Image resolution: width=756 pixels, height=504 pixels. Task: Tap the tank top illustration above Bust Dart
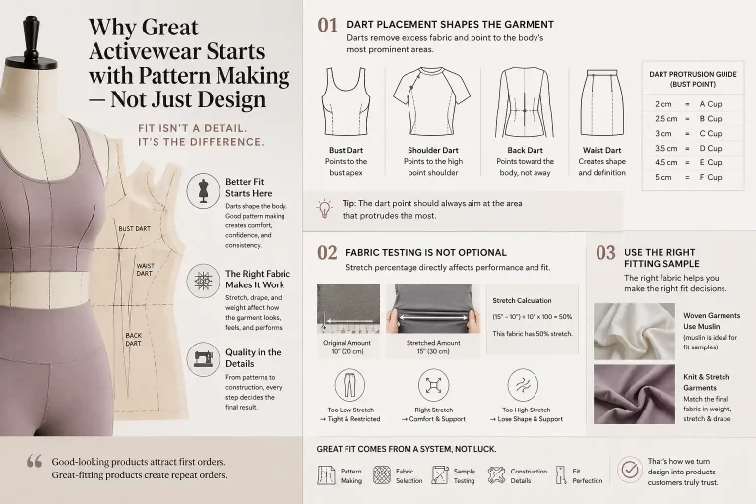pyautogui.click(x=346, y=100)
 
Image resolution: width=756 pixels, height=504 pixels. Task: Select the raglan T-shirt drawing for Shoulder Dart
pyautogui.click(x=427, y=100)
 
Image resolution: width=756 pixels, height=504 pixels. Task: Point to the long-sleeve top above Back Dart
pyautogui.click(x=519, y=100)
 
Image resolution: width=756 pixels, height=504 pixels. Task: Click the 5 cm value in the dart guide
pyautogui.click(x=662, y=177)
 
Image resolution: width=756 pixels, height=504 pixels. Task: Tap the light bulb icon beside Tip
pyautogui.click(x=323, y=208)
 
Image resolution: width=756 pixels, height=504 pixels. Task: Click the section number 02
pyautogui.click(x=327, y=253)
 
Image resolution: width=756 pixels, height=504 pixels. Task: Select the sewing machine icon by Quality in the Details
pyautogui.click(x=202, y=359)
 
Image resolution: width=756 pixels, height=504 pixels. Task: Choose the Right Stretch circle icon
pyautogui.click(x=433, y=385)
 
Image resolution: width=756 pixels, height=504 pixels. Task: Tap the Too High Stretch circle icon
pyautogui.click(x=522, y=385)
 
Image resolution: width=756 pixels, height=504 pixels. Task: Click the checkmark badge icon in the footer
pyautogui.click(x=629, y=470)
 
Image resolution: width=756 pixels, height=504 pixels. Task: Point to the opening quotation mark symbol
pyautogui.click(x=34, y=461)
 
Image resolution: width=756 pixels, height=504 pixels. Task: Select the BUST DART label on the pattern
pyautogui.click(x=133, y=228)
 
